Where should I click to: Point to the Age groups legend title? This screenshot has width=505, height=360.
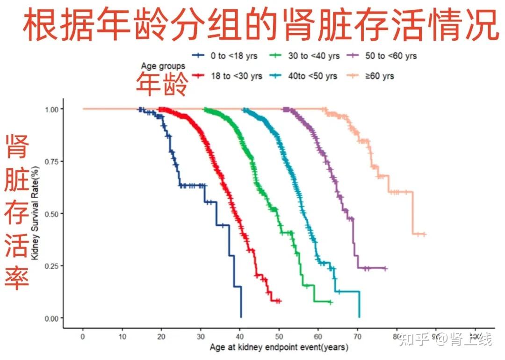tap(163, 66)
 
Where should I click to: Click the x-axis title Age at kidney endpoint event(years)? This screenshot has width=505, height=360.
tap(279, 348)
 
